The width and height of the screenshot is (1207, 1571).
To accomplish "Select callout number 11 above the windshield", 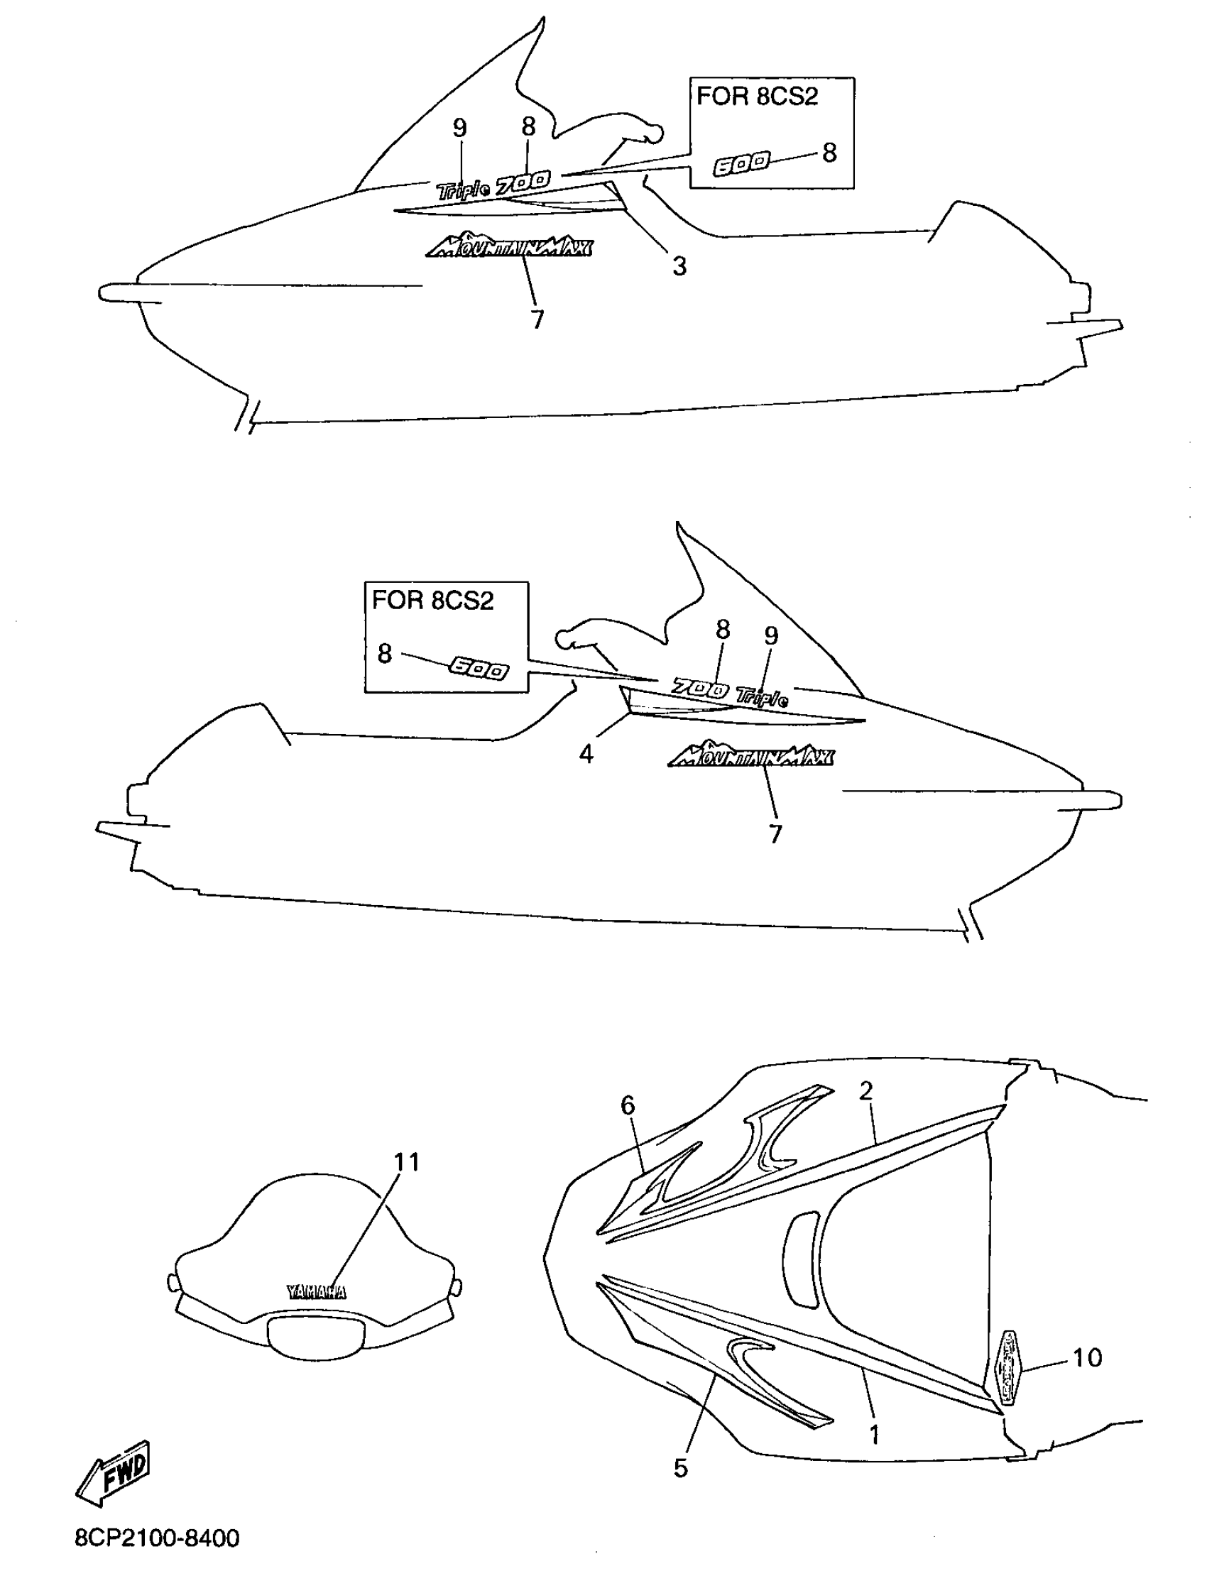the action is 407,1162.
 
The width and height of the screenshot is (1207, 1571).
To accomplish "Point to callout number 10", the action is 1087,1357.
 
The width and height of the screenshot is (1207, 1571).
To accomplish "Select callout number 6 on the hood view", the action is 628,1105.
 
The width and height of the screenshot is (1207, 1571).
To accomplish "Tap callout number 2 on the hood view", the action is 865,1090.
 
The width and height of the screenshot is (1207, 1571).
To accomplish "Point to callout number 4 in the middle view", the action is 586,754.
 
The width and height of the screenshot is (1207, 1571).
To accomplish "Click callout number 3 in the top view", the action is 679,266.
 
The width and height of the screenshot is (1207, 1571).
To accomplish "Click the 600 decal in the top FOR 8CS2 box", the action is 741,165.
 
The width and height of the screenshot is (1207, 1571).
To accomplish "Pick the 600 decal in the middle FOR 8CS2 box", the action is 479,669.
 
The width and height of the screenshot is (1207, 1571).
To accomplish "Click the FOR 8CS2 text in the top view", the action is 758,97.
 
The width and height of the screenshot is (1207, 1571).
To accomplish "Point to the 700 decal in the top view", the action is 525,180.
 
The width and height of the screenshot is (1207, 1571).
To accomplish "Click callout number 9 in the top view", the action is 460,128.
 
